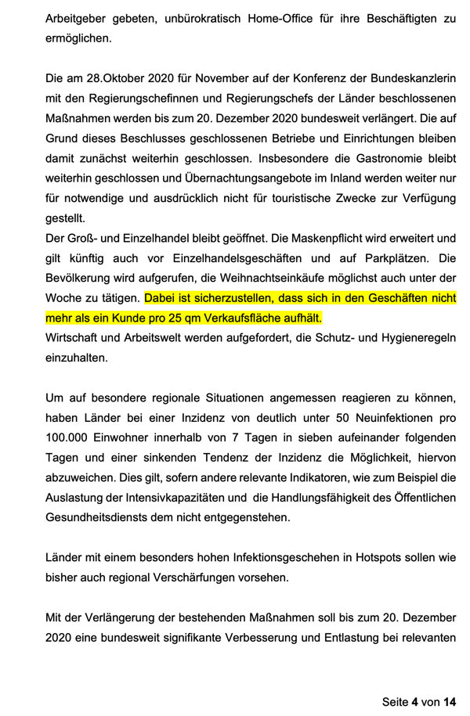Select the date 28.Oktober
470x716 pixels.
(x=117, y=80)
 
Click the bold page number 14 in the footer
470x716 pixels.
(x=449, y=702)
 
